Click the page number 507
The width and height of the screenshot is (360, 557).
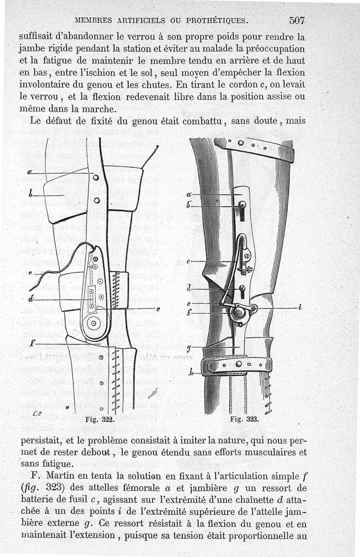[x=297, y=20]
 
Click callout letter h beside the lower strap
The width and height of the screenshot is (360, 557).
[x=192, y=372]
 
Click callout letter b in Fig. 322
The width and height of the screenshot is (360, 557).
[x=31, y=195]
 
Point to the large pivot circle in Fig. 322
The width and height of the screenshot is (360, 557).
[x=93, y=323]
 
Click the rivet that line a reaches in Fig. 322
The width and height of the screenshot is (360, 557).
[x=96, y=177]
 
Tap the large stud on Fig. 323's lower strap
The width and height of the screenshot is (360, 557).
[x=238, y=364]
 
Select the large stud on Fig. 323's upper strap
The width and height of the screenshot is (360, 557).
[x=241, y=143]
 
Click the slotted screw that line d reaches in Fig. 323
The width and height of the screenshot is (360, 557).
[x=243, y=288]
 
